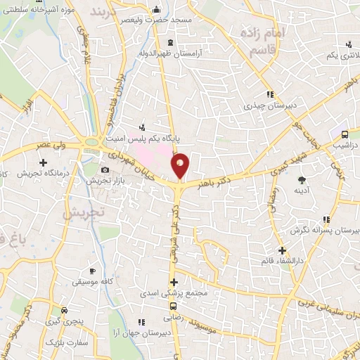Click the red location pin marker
click(x=181, y=165)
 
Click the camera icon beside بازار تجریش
click(x=105, y=169)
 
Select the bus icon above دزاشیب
click(x=345, y=134)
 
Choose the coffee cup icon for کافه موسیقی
click(x=91, y=271)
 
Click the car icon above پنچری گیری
click(x=65, y=310)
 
